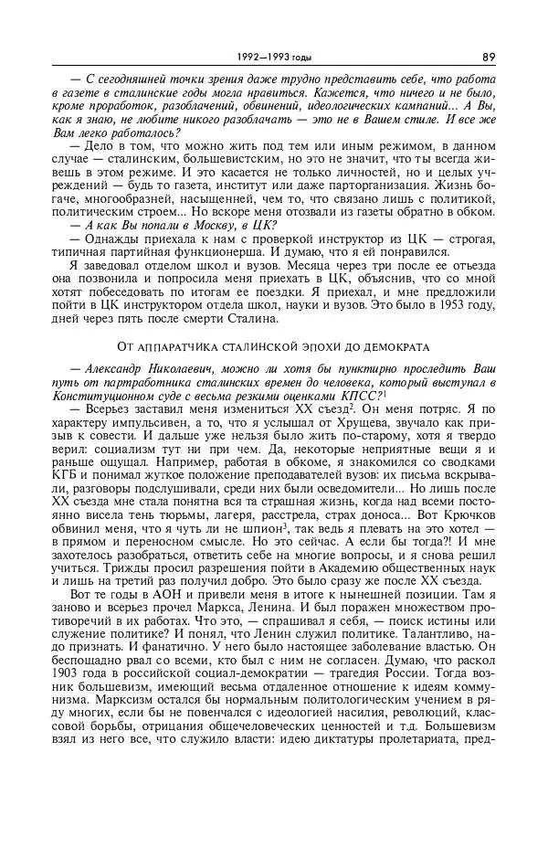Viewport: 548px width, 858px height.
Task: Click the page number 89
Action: [489, 57]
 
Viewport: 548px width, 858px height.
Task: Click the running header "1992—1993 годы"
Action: [273, 57]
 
